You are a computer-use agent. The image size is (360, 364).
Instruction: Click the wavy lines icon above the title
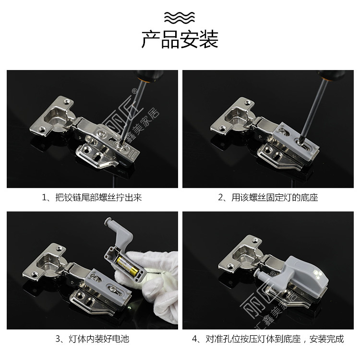(180, 18)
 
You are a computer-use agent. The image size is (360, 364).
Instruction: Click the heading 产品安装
(180, 40)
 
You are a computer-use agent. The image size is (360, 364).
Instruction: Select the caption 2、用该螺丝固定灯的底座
(268, 198)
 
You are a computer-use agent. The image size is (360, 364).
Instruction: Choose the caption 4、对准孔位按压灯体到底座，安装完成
(268, 339)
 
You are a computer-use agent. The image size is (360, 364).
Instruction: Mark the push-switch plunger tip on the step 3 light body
(107, 223)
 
